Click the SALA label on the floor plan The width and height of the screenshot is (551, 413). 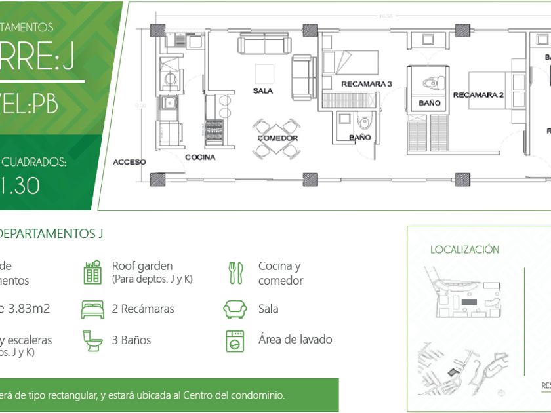[x=262, y=91]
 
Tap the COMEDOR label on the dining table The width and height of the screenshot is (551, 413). [x=277, y=138]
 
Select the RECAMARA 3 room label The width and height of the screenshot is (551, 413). [x=366, y=84]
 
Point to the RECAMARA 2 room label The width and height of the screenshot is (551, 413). [x=478, y=95]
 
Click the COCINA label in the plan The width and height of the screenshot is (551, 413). [x=200, y=157]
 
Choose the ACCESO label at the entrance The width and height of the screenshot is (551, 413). [x=129, y=161]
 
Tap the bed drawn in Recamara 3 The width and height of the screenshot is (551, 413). [x=350, y=64]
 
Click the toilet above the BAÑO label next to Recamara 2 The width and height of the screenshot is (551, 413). [x=430, y=83]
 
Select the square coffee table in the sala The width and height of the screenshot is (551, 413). [x=264, y=73]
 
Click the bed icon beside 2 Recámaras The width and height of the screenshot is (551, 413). [x=92, y=309]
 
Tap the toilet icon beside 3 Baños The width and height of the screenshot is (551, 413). [x=92, y=340]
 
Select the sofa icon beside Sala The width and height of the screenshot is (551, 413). [x=235, y=309]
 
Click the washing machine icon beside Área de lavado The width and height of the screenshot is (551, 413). [x=235, y=340]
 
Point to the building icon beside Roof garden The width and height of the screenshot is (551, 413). [x=92, y=272]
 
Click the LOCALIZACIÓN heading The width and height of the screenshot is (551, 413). [x=464, y=250]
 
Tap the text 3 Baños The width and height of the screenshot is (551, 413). [x=131, y=340]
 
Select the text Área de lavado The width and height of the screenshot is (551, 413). [x=295, y=340]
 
